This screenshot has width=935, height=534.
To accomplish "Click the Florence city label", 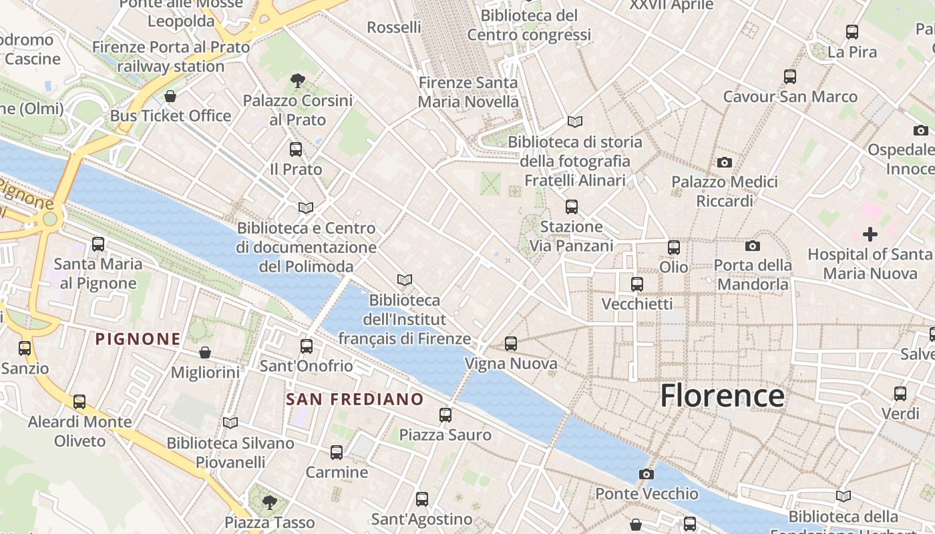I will pyautogui.click(x=722, y=396).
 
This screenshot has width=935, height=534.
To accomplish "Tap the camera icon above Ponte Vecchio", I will pyautogui.click(x=646, y=475).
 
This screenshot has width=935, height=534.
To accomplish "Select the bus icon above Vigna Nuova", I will pyautogui.click(x=511, y=344).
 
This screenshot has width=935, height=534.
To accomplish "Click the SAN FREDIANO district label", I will pyautogui.click(x=355, y=400).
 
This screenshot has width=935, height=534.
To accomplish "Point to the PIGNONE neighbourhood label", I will pyautogui.click(x=138, y=339).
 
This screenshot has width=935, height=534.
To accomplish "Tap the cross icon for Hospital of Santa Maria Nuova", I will pyautogui.click(x=870, y=234).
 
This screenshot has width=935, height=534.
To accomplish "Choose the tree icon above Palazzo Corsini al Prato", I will pyautogui.click(x=298, y=81).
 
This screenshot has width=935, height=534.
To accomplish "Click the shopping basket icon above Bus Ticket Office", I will pyautogui.click(x=170, y=96).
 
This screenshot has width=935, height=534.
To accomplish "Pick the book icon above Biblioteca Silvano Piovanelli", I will pyautogui.click(x=230, y=423).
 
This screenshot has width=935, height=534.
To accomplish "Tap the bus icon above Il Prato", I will pyautogui.click(x=296, y=150).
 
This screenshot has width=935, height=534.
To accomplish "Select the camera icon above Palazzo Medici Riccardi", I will pyautogui.click(x=724, y=162).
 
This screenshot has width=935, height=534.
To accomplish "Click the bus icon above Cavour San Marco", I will pyautogui.click(x=790, y=77).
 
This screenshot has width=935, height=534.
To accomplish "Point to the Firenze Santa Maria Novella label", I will pyautogui.click(x=468, y=92).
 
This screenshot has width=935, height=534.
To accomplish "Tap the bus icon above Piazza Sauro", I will pyautogui.click(x=445, y=415).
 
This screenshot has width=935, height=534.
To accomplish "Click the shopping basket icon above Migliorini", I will pyautogui.click(x=205, y=352).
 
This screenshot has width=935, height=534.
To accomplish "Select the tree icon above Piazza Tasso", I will pyautogui.click(x=269, y=501).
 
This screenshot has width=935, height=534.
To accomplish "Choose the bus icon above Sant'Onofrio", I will pyautogui.click(x=307, y=346).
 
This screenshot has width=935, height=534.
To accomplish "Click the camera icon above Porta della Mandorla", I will pyautogui.click(x=752, y=246).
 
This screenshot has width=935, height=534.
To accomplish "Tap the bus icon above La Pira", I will pyautogui.click(x=852, y=31).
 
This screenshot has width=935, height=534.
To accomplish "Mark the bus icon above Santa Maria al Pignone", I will pyautogui.click(x=98, y=244).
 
